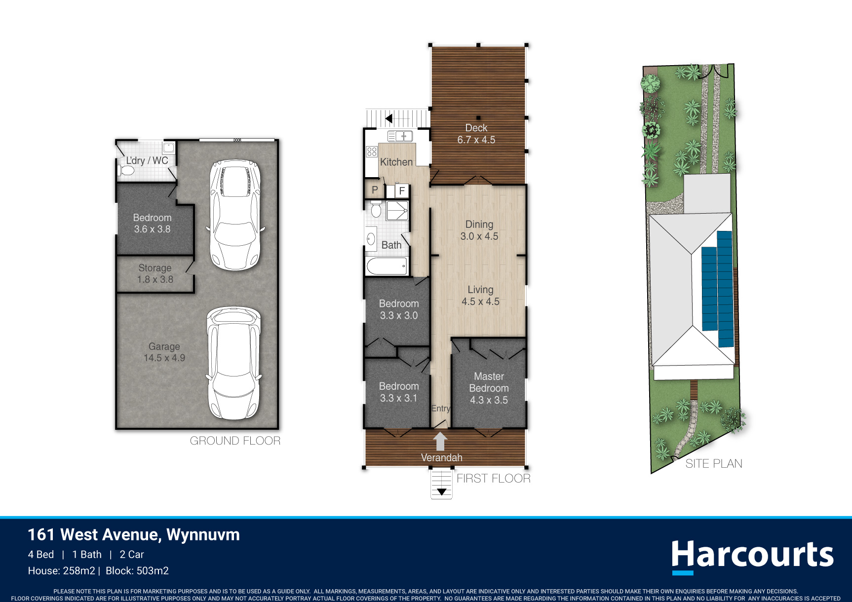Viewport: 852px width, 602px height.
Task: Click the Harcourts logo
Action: (x=752, y=556)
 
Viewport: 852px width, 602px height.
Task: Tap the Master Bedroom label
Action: (x=489, y=388)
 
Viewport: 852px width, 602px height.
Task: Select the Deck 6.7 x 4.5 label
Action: (x=476, y=134)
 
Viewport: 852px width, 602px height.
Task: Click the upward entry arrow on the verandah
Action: (x=440, y=441)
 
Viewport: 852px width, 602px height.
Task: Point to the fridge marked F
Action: (x=402, y=190)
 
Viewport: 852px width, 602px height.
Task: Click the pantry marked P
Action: (x=375, y=190)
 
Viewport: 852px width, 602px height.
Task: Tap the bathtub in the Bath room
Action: (x=387, y=266)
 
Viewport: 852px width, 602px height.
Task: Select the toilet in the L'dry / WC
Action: (x=126, y=170)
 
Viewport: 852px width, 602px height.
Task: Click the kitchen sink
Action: (x=400, y=136)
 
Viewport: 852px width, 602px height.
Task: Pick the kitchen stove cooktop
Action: (x=372, y=151)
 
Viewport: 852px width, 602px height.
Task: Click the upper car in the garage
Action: (x=234, y=215)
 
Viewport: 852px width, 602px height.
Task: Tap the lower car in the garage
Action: (x=233, y=363)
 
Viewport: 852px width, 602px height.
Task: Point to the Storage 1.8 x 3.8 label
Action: (x=155, y=273)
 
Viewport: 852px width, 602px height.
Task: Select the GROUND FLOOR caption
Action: (x=235, y=441)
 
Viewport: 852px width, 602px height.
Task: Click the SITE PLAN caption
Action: (x=714, y=463)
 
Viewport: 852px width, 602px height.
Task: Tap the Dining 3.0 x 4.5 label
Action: (x=479, y=230)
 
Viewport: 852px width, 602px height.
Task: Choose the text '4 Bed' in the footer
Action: (x=41, y=555)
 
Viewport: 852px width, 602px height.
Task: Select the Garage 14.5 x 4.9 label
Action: (x=164, y=352)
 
